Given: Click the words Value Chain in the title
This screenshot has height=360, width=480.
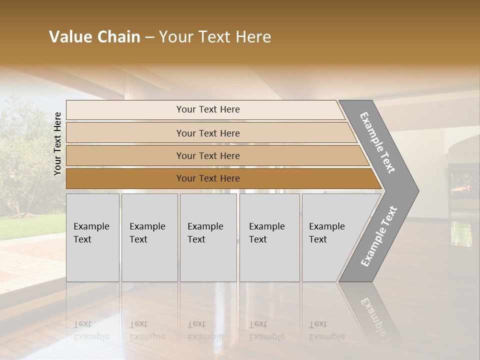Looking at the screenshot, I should click(94, 37).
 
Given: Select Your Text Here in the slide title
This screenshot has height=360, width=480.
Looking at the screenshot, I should click(215, 37).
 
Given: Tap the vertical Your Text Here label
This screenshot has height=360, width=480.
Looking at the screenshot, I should click(57, 143).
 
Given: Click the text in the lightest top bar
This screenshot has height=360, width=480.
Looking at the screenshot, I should click(208, 109).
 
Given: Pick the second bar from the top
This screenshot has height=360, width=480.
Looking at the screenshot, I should click(208, 133).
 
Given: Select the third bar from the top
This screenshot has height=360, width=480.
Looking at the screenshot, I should click(208, 156).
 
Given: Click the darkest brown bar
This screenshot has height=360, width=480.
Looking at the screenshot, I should click(208, 178).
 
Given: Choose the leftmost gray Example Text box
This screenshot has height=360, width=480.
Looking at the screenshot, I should click(92, 237).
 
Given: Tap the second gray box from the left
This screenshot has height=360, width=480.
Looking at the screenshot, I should click(149, 237).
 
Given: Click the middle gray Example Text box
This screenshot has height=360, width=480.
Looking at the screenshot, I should click(208, 237).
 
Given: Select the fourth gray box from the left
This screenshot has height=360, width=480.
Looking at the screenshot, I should click(269, 237).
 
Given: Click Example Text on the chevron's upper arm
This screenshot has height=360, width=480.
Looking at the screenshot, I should click(377, 142).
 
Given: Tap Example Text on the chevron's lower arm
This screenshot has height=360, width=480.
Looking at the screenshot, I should click(378, 236).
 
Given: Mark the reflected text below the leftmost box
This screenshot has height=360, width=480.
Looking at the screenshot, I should click(91, 330).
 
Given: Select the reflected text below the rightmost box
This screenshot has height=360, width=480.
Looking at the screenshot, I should click(326, 330).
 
